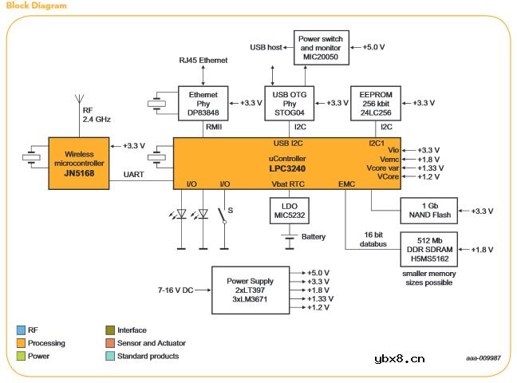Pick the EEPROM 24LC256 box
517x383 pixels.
click(x=375, y=104)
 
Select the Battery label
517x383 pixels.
click(x=313, y=237)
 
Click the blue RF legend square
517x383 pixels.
click(x=20, y=330)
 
